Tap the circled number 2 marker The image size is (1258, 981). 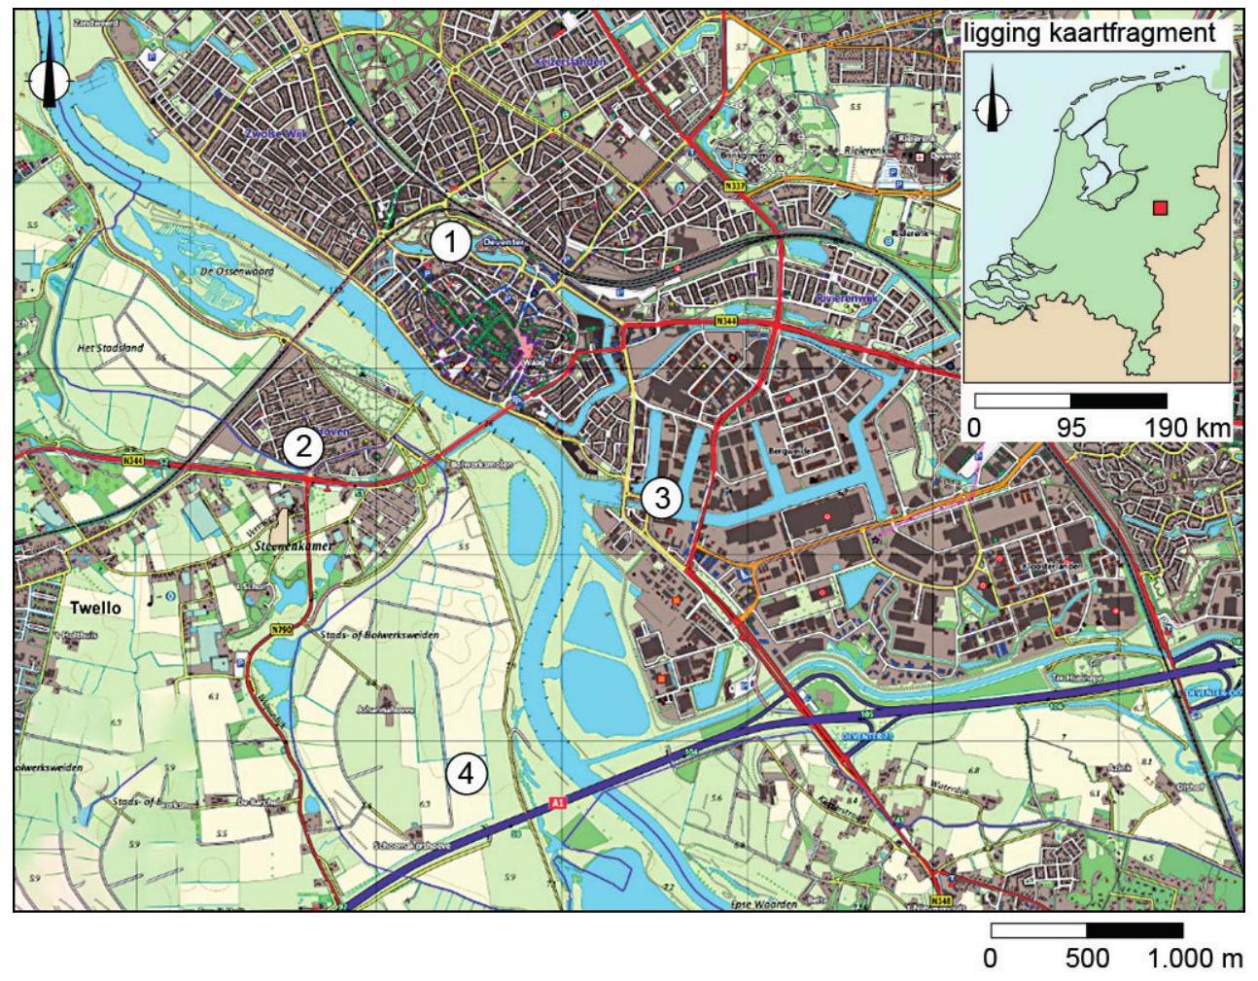tap(302, 447)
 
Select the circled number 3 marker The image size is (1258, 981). tap(661, 499)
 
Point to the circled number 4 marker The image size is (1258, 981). tap(466, 774)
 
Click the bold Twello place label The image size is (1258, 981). tap(96, 609)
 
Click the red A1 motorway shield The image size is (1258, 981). tap(557, 803)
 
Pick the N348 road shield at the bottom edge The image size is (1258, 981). tap(939, 900)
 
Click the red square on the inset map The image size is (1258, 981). tap(1159, 207)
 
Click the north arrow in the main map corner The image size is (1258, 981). tap(49, 73)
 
